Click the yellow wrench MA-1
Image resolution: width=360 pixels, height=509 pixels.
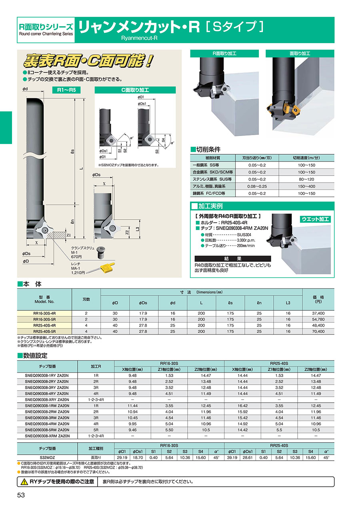[105, 268]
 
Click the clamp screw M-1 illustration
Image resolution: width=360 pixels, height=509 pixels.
[101, 252]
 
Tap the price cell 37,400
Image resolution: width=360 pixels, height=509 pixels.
[318, 313]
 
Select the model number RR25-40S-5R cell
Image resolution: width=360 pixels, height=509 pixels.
[44, 331]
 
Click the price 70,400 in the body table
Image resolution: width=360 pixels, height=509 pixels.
[318, 331]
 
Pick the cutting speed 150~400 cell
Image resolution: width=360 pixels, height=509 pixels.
[306, 186]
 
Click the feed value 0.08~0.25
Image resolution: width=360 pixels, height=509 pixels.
[257, 186]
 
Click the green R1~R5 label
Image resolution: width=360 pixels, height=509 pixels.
[66, 90]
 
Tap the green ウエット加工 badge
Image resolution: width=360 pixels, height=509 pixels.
[315, 219]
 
